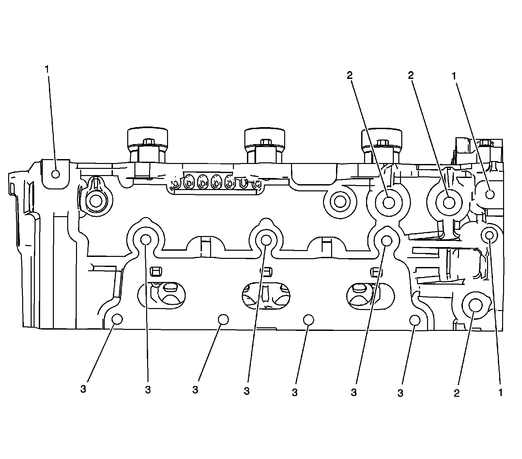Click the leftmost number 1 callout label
click(x=47, y=69)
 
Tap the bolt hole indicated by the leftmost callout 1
click(x=56, y=174)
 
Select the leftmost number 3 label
click(x=83, y=389)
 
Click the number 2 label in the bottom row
click(x=456, y=393)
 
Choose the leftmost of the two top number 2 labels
click(x=349, y=75)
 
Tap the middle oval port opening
click(x=265, y=295)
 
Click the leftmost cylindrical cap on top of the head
click(x=147, y=143)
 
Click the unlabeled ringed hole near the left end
click(x=96, y=201)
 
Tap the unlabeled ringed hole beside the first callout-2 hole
click(x=339, y=202)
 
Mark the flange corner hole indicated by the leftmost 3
click(x=117, y=319)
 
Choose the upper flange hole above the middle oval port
click(x=266, y=240)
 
